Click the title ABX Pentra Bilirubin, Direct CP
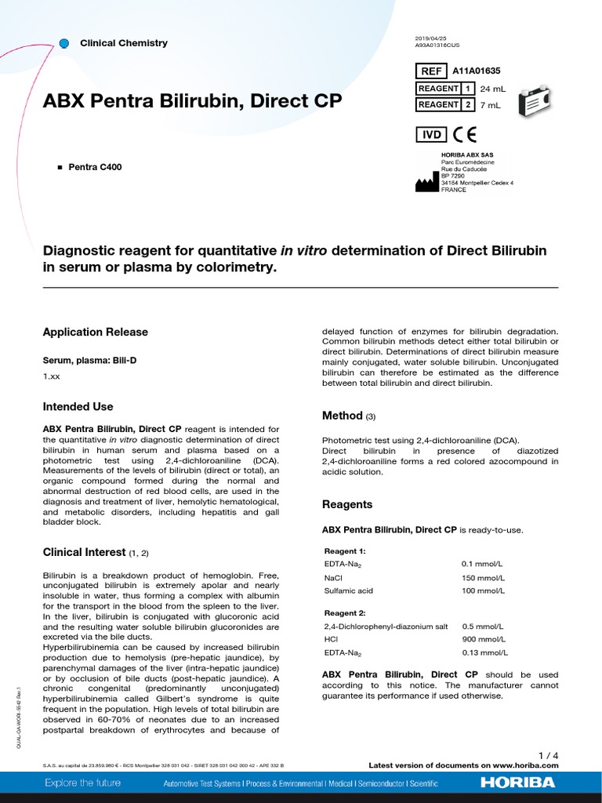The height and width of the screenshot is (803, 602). click(192, 102)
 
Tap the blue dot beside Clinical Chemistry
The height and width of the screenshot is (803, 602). click(64, 42)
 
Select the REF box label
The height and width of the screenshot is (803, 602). click(432, 71)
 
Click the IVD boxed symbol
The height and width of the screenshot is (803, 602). click(432, 134)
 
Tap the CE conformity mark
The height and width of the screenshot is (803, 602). click(464, 134)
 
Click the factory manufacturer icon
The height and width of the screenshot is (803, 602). click(426, 183)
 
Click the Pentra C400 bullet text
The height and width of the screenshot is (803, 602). click(95, 167)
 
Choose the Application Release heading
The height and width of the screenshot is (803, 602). click(95, 332)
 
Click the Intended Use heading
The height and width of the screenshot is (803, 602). click(78, 407)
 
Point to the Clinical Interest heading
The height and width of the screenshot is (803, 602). click(85, 552)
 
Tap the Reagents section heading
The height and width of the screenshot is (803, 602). click(347, 504)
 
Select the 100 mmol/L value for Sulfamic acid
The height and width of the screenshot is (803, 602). click(483, 591)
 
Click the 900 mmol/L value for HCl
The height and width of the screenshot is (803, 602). click(483, 640)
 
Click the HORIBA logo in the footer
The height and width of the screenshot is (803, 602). click(517, 783)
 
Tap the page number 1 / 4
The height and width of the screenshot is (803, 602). click(549, 755)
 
